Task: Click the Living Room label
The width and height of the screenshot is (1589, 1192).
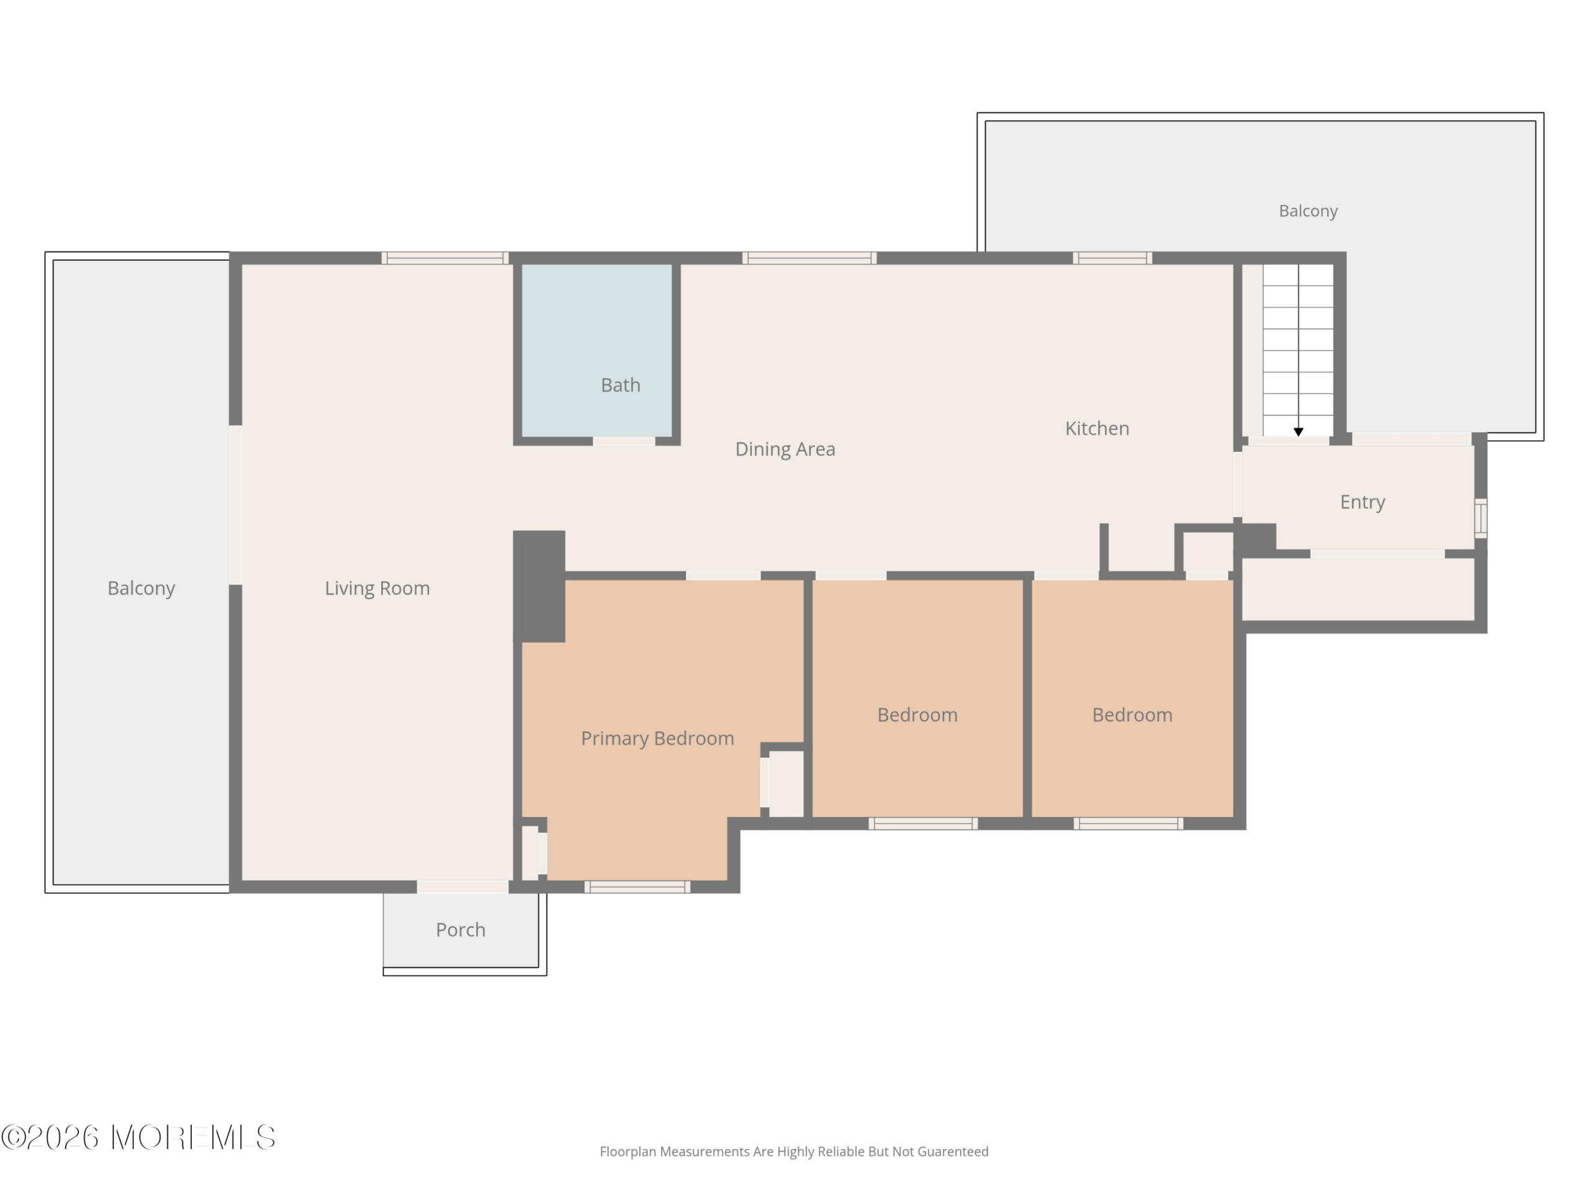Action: (x=377, y=589)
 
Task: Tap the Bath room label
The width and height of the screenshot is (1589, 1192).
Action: (x=621, y=385)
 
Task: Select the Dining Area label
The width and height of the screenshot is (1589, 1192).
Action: (x=785, y=449)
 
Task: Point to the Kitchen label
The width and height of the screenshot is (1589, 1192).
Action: (x=1097, y=429)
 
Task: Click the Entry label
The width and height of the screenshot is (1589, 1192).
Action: (x=1362, y=502)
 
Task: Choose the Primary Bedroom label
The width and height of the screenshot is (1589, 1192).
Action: (x=657, y=739)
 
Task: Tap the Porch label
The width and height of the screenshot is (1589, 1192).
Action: (x=461, y=930)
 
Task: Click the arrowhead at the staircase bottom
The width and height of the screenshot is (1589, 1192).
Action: (x=1298, y=432)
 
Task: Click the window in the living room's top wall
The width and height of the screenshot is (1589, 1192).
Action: (x=444, y=258)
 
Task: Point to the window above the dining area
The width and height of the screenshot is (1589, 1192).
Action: (x=809, y=258)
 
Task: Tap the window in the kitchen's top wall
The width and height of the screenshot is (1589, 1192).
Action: (x=1112, y=258)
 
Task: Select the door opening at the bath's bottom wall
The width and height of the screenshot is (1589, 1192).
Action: (x=624, y=440)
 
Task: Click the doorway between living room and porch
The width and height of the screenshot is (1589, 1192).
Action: (x=462, y=887)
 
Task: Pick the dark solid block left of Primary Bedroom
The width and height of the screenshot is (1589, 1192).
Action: (x=539, y=585)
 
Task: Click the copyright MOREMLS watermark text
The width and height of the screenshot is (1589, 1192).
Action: (x=138, y=1137)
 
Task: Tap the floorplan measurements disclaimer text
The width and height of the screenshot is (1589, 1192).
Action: (x=794, y=1152)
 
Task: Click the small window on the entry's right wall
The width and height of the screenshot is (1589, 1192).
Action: (x=1480, y=518)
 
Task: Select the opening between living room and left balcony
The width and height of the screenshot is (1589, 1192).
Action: (x=235, y=505)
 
